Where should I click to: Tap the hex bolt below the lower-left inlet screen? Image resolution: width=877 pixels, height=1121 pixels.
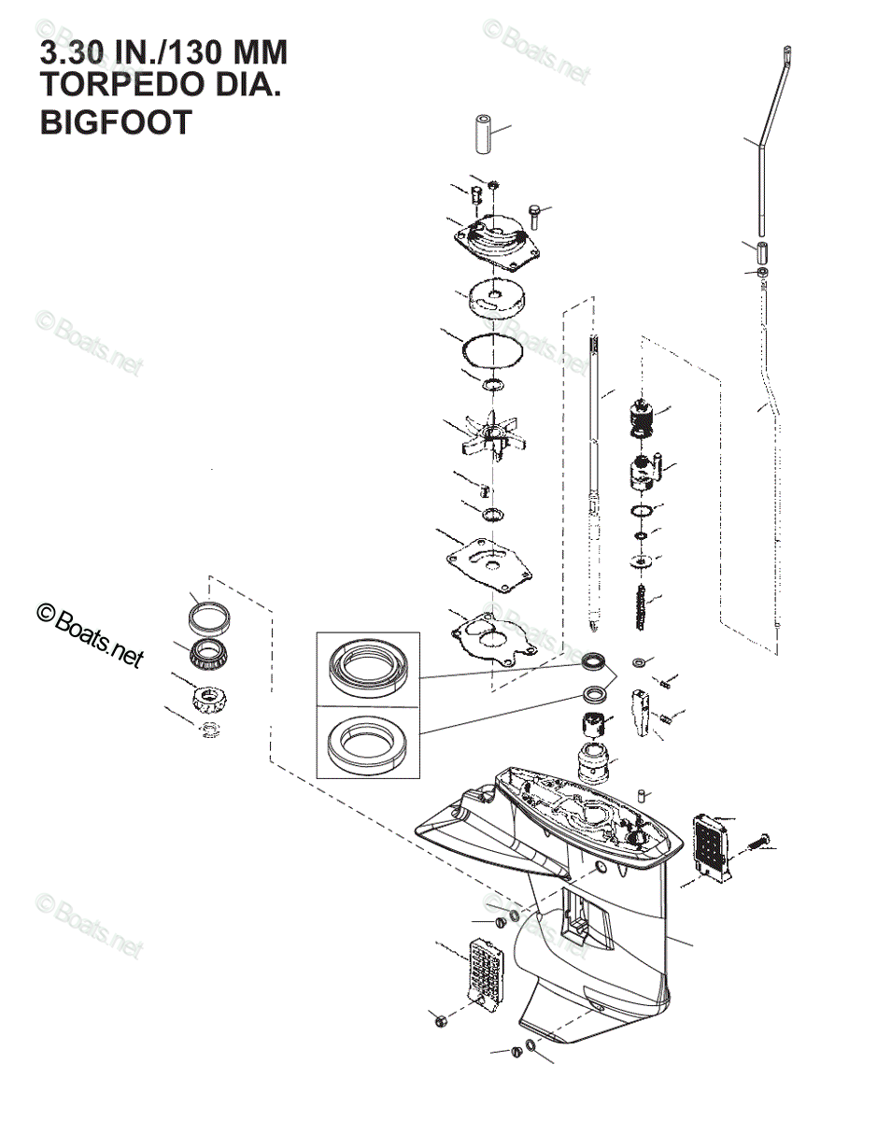(x=441, y=1018)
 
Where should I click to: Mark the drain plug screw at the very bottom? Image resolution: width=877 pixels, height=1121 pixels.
(x=516, y=1052)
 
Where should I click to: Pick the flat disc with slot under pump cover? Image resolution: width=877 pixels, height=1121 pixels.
(x=495, y=299)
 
